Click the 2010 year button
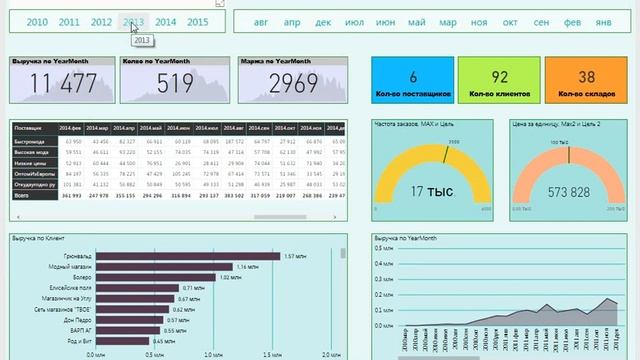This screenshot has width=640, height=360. click(37, 21)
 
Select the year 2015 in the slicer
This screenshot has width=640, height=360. click(197, 21)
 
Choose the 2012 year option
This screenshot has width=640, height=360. click(101, 21)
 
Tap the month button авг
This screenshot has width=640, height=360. click(261, 21)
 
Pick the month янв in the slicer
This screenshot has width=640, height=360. click(603, 21)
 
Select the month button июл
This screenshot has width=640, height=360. click(354, 21)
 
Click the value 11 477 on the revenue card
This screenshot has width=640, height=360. click(60, 84)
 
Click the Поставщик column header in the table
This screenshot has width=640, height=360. click(30, 129)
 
